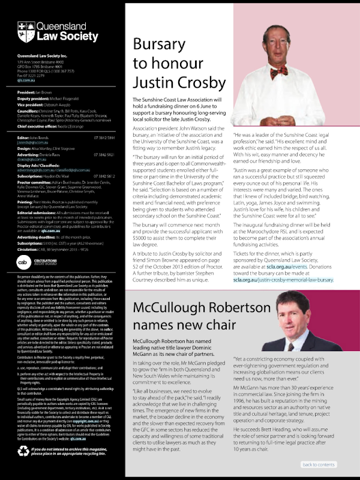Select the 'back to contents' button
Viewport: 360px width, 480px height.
318,464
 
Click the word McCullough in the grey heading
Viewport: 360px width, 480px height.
169,308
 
